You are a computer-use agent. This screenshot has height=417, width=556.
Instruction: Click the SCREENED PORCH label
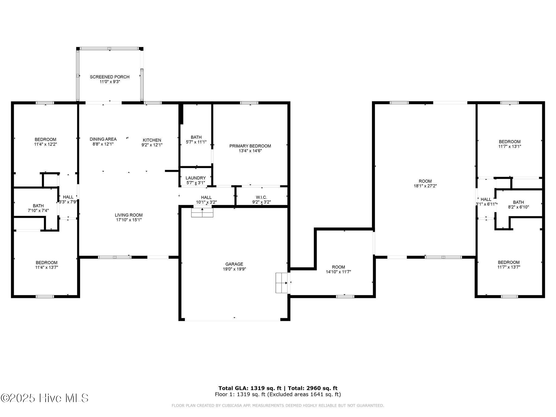click(110, 77)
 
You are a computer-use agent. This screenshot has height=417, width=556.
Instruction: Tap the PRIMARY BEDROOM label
click(250, 146)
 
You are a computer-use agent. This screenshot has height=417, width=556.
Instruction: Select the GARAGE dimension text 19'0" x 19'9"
click(234, 269)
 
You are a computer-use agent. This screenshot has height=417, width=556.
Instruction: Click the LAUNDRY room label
click(196, 178)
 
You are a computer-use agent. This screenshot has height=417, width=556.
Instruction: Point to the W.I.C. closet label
click(261, 197)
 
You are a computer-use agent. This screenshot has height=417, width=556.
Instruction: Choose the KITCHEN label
click(152, 140)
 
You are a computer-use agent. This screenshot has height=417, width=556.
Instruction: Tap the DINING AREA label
click(103, 139)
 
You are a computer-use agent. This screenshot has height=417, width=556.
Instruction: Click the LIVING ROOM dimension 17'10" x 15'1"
click(129, 220)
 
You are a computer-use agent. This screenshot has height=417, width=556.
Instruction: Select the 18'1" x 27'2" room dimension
click(425, 186)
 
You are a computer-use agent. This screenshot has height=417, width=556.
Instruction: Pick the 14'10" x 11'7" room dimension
click(339, 272)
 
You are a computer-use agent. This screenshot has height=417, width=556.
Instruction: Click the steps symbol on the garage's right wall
click(282, 283)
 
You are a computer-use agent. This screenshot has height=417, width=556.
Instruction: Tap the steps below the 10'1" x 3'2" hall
click(202, 213)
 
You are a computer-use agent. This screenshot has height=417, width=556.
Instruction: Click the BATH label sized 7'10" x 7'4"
click(38, 206)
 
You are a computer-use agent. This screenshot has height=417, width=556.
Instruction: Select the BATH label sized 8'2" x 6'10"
click(519, 202)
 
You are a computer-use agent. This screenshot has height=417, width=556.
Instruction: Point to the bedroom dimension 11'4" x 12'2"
click(46, 144)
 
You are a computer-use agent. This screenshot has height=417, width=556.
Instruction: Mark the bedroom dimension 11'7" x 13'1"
click(510, 146)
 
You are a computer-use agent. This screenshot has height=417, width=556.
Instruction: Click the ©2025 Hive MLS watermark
click(45, 398)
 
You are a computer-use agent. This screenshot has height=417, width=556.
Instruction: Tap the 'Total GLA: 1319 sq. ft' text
click(250, 388)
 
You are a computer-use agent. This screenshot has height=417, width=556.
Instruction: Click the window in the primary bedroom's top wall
click(249, 103)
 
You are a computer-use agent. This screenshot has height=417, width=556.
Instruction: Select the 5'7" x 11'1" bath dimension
click(196, 142)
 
